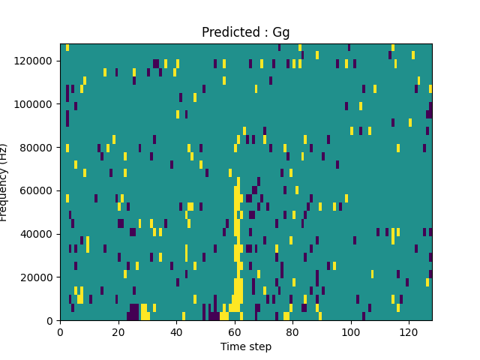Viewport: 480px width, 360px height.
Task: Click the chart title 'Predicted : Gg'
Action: [245, 32]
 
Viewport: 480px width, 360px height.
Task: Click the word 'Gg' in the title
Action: [280, 33]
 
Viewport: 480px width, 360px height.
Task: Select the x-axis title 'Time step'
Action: [245, 346]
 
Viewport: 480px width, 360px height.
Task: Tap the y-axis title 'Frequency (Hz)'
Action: [5, 182]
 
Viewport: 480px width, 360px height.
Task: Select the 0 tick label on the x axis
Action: [60, 331]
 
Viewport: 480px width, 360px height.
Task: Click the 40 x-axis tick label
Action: [176, 331]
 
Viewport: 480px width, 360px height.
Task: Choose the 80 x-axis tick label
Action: [292, 331]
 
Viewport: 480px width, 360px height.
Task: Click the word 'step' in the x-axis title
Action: [259, 347]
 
